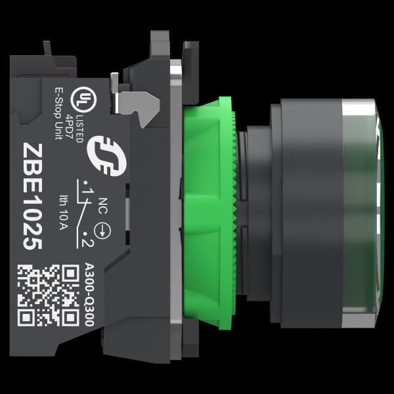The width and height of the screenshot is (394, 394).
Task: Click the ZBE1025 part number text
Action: click(x=32, y=197)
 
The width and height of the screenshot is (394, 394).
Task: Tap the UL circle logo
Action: click(x=83, y=100)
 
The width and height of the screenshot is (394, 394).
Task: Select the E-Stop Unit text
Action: click(x=59, y=114)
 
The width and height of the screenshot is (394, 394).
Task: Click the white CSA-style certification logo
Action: click(x=106, y=156)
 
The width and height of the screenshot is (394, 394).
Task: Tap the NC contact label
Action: click(x=103, y=206)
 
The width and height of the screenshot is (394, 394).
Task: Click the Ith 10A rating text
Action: click(x=64, y=212)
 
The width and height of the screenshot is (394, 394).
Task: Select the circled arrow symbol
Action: click(x=102, y=230)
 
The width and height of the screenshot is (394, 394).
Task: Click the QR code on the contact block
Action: click(x=48, y=295)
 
